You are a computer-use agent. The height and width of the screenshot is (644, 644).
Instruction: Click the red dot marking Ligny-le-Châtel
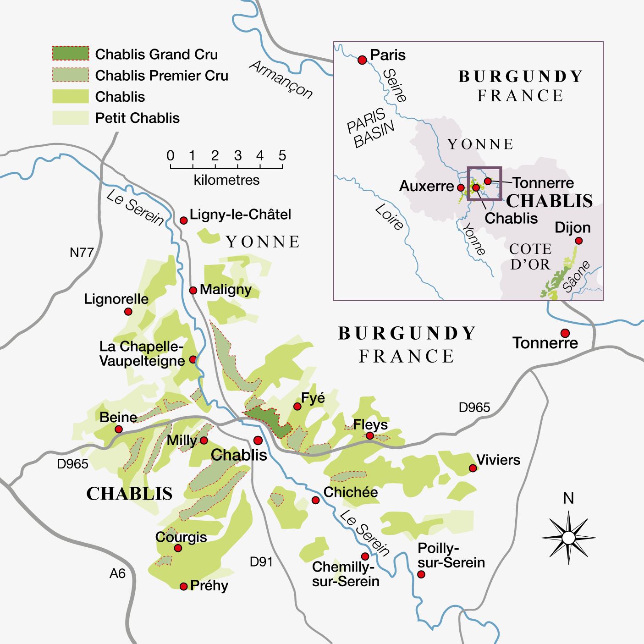coord(183,220)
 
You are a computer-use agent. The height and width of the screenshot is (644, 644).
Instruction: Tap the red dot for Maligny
coord(193,290)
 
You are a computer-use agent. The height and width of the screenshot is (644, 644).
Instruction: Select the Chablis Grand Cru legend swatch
coord(70,54)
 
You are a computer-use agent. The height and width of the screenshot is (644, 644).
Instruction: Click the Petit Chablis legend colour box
coord(70,118)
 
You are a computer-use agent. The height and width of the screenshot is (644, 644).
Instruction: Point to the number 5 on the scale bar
coord(282,156)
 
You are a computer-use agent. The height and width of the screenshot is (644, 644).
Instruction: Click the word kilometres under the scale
coord(226,180)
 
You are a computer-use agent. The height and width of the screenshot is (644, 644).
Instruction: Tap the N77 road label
coord(82,253)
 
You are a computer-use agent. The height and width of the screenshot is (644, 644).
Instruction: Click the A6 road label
coord(117,573)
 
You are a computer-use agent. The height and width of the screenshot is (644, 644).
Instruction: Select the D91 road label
coord(261,561)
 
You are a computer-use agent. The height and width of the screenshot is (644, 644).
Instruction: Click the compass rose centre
coord(568,538)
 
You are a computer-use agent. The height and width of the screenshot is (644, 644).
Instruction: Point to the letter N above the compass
coord(568,498)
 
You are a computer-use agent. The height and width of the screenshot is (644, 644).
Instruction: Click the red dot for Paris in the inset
coord(362,60)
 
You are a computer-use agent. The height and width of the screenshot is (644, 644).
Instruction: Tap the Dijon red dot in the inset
coord(578,241)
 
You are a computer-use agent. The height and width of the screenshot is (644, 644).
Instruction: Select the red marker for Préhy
coord(183,586)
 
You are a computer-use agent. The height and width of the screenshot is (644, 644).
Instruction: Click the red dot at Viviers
coord(473,468)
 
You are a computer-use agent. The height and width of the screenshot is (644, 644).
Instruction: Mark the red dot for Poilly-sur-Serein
coord(421,574)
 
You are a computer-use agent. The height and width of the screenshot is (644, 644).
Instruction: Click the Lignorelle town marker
coord(128,312)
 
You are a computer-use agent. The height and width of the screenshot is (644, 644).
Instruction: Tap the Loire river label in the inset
coord(389,217)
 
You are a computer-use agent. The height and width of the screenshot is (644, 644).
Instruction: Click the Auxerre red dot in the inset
coord(461,187)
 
